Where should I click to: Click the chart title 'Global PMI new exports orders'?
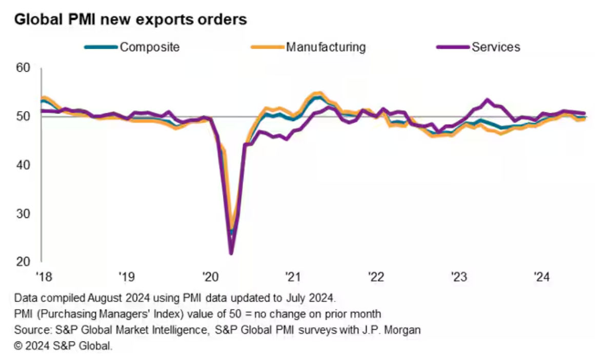pyautogui.click(x=131, y=20)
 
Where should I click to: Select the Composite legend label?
pyautogui.click(x=150, y=47)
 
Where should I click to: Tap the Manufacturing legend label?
pyautogui.click(x=326, y=47)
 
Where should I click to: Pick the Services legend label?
pyautogui.click(x=496, y=47)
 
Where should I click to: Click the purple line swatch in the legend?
pyautogui.click(x=453, y=47)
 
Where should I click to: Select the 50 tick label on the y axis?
pyautogui.click(x=24, y=116)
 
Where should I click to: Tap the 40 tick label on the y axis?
pyautogui.click(x=24, y=165)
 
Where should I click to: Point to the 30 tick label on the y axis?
pyautogui.click(x=24, y=213)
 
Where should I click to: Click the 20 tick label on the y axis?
pyautogui.click(x=24, y=262)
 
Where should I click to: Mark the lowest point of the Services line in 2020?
pyautogui.click(x=231, y=253)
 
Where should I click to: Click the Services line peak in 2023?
pyautogui.click(x=487, y=100)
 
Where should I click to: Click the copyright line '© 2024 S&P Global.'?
pyautogui.click(x=64, y=347)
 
